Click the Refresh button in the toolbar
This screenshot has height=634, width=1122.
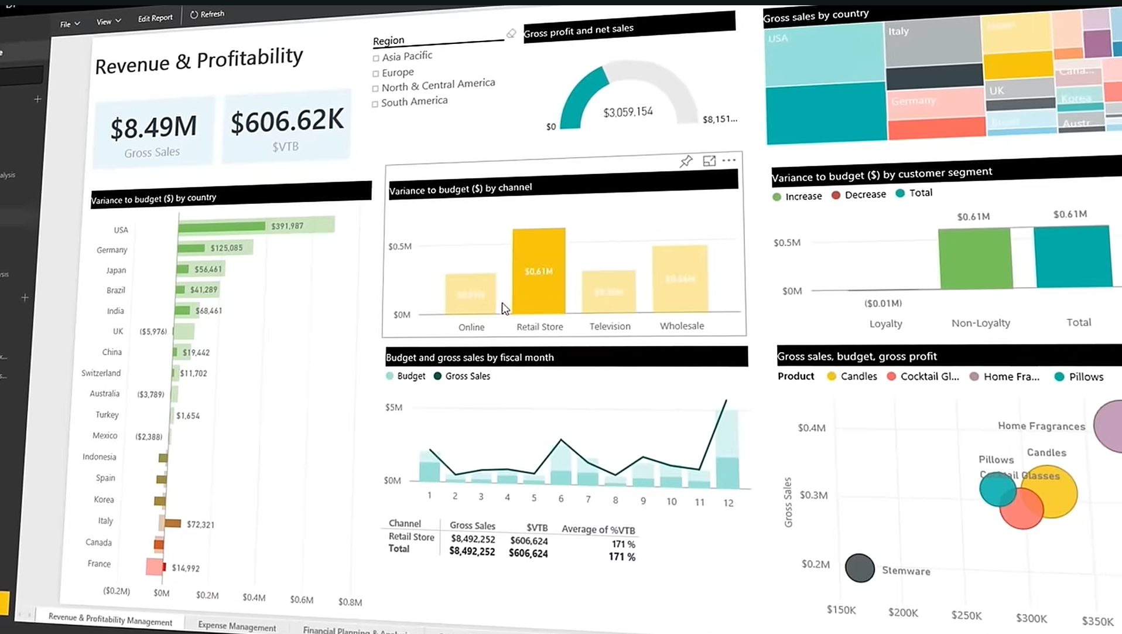207,14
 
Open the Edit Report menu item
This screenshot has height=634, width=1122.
155,18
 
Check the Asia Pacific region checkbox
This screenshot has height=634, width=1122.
376,58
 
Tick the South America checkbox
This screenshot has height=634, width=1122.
375,104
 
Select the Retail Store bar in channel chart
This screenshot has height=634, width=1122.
539,271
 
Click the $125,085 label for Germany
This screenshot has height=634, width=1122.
227,248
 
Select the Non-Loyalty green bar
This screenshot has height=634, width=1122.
975,258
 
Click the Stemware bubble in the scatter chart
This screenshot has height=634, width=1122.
860,568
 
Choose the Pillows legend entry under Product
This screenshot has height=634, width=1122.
1079,377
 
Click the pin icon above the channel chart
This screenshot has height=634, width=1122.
686,161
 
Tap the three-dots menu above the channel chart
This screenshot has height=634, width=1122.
728,160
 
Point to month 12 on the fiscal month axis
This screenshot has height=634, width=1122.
728,503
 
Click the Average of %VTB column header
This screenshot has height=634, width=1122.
598,529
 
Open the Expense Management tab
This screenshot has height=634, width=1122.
237,626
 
